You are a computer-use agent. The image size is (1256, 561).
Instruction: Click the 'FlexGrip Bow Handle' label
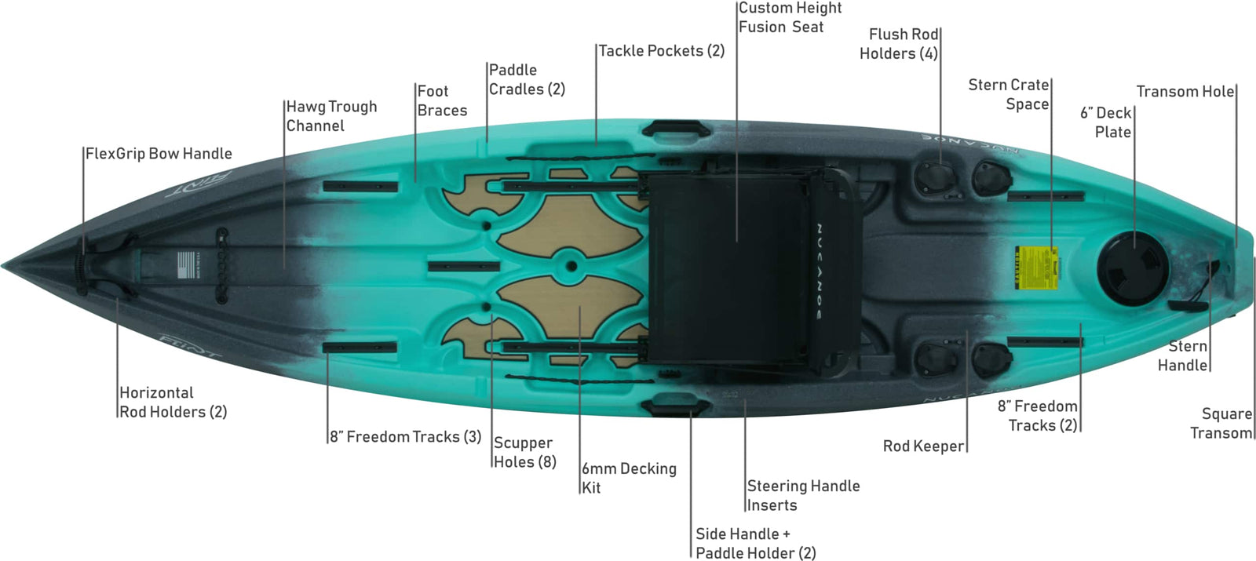click(159, 154)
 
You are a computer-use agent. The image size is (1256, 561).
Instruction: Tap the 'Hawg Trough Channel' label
click(331, 116)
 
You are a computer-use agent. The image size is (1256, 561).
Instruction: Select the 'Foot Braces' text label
click(442, 101)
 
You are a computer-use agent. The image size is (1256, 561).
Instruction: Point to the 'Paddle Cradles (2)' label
click(527, 79)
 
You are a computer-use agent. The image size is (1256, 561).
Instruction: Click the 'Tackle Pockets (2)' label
click(662, 51)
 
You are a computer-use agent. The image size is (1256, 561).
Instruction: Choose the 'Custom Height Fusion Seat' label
click(790, 17)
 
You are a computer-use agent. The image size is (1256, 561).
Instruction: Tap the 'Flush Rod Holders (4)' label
click(899, 44)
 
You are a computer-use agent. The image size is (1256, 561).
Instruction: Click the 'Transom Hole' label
click(1185, 91)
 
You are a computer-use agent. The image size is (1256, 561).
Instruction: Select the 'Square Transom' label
click(1221, 423)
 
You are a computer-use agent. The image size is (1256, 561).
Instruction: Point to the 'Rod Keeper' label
click(923, 446)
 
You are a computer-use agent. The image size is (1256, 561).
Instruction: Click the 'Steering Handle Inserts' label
click(803, 495)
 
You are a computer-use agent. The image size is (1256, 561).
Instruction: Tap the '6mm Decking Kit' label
click(629, 478)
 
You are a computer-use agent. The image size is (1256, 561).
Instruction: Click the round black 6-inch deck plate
click(1132, 270)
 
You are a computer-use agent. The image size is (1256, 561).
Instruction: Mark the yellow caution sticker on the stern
click(1037, 268)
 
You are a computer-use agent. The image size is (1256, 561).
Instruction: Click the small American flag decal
click(187, 265)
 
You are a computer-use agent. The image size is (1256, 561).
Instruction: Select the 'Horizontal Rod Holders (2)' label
click(173, 403)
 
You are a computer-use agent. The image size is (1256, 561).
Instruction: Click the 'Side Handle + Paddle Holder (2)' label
click(755, 543)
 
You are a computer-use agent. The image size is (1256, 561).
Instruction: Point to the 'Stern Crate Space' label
click(1008, 94)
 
